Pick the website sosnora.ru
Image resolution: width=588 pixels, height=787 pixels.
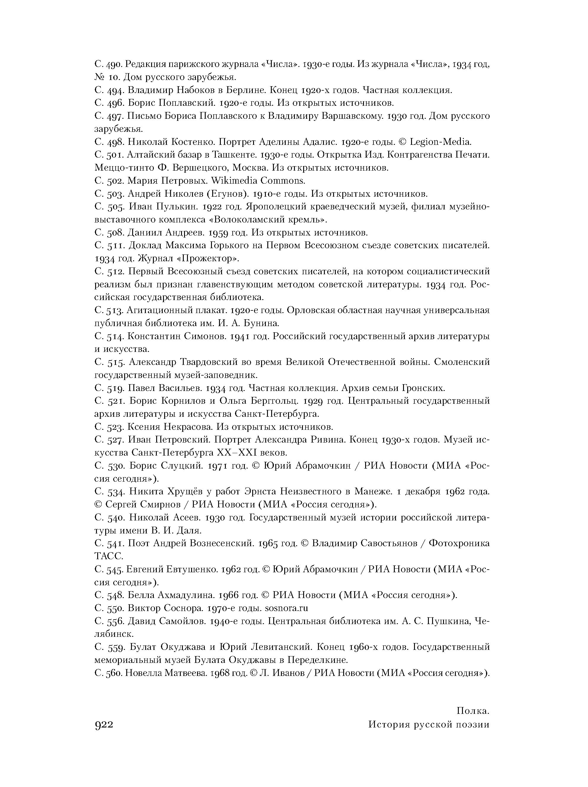click(x=287, y=608)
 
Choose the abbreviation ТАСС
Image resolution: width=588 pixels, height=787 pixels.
click(x=109, y=556)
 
